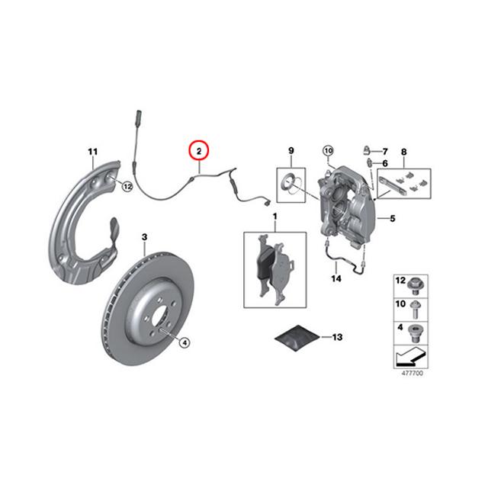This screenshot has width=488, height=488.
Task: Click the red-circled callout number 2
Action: [199, 151]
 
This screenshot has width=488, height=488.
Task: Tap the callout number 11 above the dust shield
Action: [93, 152]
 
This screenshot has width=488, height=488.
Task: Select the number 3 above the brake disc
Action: [144, 237]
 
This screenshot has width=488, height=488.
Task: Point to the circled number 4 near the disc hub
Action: [185, 342]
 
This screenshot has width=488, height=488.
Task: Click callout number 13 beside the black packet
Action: [337, 337]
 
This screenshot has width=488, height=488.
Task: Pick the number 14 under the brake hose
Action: [336, 278]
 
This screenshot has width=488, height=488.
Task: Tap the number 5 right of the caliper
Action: [393, 219]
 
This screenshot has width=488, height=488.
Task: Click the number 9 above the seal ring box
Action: [291, 151]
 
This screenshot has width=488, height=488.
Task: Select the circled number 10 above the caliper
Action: [329, 151]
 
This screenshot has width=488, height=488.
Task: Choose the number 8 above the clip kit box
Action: [403, 152]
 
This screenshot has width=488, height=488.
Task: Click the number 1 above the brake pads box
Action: [274, 216]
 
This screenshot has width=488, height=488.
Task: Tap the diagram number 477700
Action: [413, 373]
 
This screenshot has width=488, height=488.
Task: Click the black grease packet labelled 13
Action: [297, 337]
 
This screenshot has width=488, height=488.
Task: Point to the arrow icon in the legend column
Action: [410, 357]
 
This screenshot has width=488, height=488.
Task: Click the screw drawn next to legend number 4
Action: [414, 333]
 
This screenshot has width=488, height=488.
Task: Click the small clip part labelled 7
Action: [367, 150]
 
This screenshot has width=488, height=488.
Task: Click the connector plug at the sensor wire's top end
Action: [139, 118]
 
